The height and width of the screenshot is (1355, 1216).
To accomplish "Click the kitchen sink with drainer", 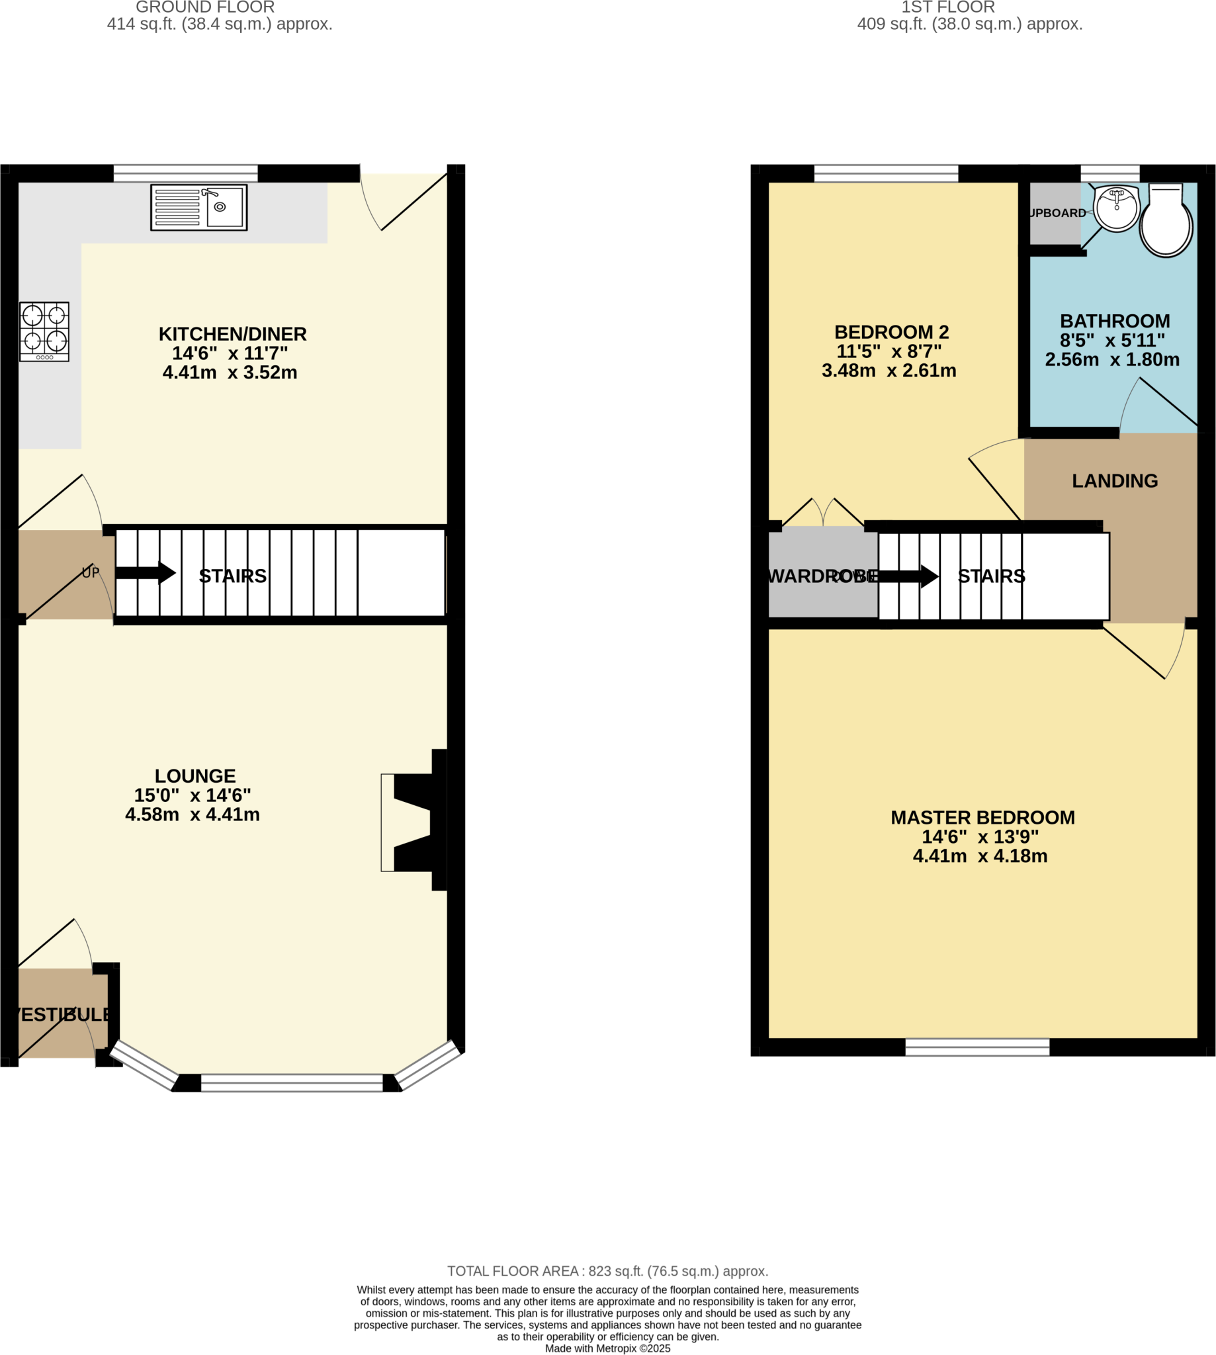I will pos(198,208).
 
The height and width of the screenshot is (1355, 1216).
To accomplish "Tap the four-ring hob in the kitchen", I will pos(44,331).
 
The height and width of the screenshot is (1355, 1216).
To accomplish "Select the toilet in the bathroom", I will pos(1166,222).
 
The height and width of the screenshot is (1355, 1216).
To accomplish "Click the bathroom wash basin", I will pos(1117,209).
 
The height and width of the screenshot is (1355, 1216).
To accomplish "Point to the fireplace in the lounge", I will pos(414,822).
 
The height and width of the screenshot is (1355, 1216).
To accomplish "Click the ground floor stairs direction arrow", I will pos(145,573).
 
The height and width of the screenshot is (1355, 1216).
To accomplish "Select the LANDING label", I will pos(1114,481).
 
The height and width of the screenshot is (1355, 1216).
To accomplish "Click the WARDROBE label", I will pos(822,577).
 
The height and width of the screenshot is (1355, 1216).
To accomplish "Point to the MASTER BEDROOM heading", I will pos(982,818).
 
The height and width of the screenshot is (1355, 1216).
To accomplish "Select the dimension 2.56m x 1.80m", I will pos(1111,360).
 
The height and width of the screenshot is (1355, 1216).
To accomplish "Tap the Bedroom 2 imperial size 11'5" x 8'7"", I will pos(889,351).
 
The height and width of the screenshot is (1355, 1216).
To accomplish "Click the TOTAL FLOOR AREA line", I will pos(607,1272).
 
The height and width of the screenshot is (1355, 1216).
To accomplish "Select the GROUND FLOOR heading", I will pos(205,7).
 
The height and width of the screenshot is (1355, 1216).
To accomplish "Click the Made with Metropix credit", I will pos(607,1349).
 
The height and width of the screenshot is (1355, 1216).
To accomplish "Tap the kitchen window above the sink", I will pos(185,173).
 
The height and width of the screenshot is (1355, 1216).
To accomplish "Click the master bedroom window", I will pos(977,1047).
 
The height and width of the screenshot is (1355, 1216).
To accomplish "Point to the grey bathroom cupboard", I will pos(1055,214).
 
